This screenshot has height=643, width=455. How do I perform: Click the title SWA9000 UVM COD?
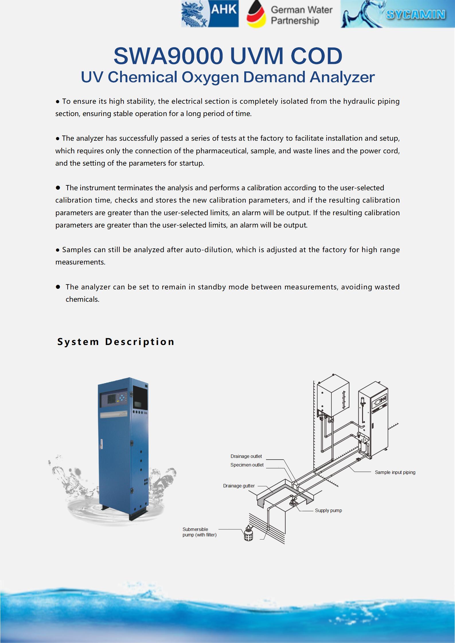pyautogui.click(x=228, y=56)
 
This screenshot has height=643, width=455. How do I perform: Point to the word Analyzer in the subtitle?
pyautogui.click(x=342, y=77)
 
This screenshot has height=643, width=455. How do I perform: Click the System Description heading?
pyautogui.click(x=116, y=342)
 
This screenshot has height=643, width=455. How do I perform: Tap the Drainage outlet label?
pyautogui.click(x=246, y=456)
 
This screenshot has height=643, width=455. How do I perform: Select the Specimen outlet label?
pyautogui.click(x=247, y=465)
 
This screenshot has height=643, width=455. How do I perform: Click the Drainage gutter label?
pyautogui.click(x=239, y=486)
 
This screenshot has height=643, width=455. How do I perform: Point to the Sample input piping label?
pyautogui.click(x=395, y=472)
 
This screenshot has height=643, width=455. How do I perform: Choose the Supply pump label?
pyautogui.click(x=328, y=510)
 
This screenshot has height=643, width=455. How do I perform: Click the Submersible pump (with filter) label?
pyautogui.click(x=199, y=532)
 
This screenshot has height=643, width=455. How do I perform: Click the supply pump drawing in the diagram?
pyautogui.click(x=293, y=502)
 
